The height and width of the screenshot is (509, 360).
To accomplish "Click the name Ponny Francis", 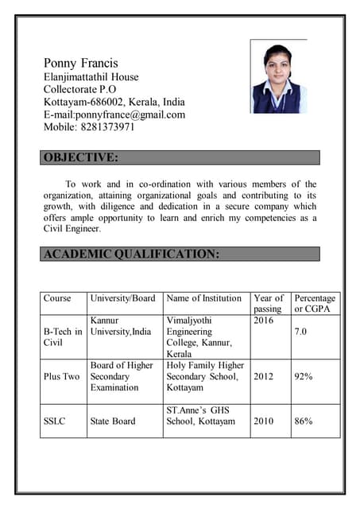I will point(80,63).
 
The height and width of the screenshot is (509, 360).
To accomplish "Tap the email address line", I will point(114,115).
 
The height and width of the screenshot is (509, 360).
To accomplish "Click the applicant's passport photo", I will point(277,78).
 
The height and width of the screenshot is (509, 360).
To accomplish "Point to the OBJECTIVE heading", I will point(81,157).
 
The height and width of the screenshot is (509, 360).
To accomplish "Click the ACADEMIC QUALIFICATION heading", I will point(131,254).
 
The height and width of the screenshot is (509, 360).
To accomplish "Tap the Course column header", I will point(57,298).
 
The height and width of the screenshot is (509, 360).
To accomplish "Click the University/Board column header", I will point(122,298).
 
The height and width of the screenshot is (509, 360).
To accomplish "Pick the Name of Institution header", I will point(203,298).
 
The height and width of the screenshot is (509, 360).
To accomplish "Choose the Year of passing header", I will point(268,303).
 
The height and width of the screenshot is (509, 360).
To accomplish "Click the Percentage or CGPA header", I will point(315,303).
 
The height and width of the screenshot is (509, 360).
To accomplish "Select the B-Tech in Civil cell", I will point(62,336).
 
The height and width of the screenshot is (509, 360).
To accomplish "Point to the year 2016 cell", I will point(263,320).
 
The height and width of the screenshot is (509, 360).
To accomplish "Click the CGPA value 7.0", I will point(300,331).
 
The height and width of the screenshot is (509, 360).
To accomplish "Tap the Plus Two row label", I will point(61,376).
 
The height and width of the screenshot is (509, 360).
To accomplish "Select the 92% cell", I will point(303,376).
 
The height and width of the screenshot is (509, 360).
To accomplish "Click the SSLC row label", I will point(56,421).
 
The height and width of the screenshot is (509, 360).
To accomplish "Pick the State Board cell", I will point(113,421).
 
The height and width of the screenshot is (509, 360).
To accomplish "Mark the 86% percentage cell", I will point(303,421).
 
